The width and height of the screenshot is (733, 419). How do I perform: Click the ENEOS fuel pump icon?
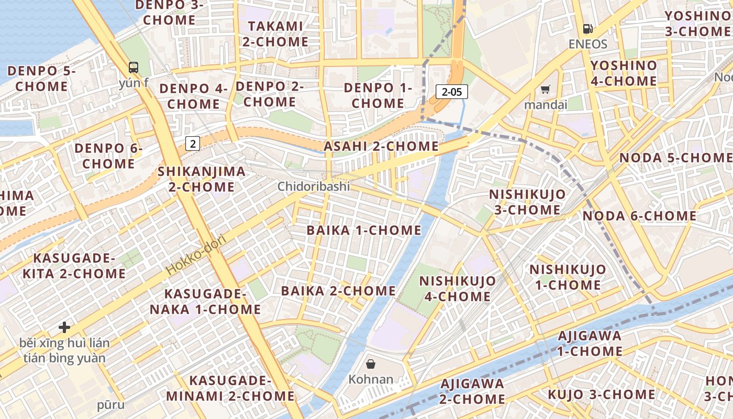pos(588,29)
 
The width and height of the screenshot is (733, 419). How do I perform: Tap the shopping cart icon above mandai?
pos(546,90)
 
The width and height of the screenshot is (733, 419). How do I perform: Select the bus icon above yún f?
pos(134,67)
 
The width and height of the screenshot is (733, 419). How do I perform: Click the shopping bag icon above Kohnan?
pos(371,363)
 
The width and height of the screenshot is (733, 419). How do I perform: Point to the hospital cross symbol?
pos(64,327)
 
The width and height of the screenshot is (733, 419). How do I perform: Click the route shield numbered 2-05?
pos(451,92)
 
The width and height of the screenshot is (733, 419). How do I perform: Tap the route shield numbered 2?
pos(193,143)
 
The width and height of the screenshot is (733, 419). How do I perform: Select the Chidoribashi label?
pos(314,186)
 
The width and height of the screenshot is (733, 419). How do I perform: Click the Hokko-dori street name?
pos(196,255)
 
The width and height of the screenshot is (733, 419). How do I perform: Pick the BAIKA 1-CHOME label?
pos(364,230)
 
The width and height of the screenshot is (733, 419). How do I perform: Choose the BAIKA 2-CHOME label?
pos(338,291)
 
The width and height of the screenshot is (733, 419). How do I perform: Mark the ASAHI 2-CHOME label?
pos(381,147)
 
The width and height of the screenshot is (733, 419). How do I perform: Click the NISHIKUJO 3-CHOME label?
pos(527,202)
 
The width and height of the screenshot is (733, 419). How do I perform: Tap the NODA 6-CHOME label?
pos(639,216)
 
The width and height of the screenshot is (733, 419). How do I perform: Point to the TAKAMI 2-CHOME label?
pos(275,34)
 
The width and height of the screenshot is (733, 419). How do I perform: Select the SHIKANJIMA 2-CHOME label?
pos(202,179)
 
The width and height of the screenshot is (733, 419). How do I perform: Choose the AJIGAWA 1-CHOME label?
pos(590,344)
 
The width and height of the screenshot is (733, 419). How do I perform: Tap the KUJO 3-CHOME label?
pos(601,395)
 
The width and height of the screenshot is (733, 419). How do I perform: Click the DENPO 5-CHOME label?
pos(41,79)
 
